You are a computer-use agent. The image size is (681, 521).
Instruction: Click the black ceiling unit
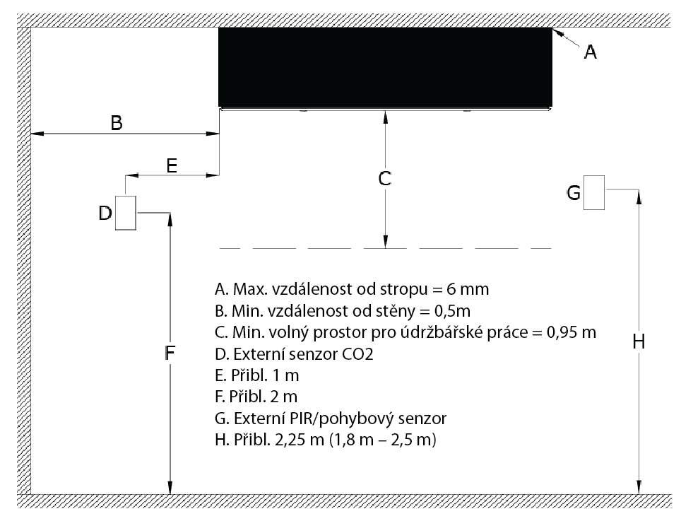click(385, 67)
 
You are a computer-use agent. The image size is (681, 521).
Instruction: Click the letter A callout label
click(590, 52)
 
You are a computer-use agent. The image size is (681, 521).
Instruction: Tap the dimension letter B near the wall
click(117, 123)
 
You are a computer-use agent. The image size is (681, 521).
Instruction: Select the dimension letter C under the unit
click(385, 179)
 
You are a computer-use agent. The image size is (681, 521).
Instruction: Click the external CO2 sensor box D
click(126, 213)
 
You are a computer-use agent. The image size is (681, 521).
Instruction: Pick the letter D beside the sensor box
click(105, 213)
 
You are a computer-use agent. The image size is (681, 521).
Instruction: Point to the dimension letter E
click(172, 165)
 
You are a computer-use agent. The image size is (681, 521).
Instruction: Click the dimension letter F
click(170, 353)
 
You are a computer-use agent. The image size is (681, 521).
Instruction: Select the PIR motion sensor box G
click(593, 192)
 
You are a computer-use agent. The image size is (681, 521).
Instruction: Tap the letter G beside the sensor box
click(574, 192)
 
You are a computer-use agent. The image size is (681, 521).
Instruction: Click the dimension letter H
click(639, 342)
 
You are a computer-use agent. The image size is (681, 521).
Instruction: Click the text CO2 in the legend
click(358, 354)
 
